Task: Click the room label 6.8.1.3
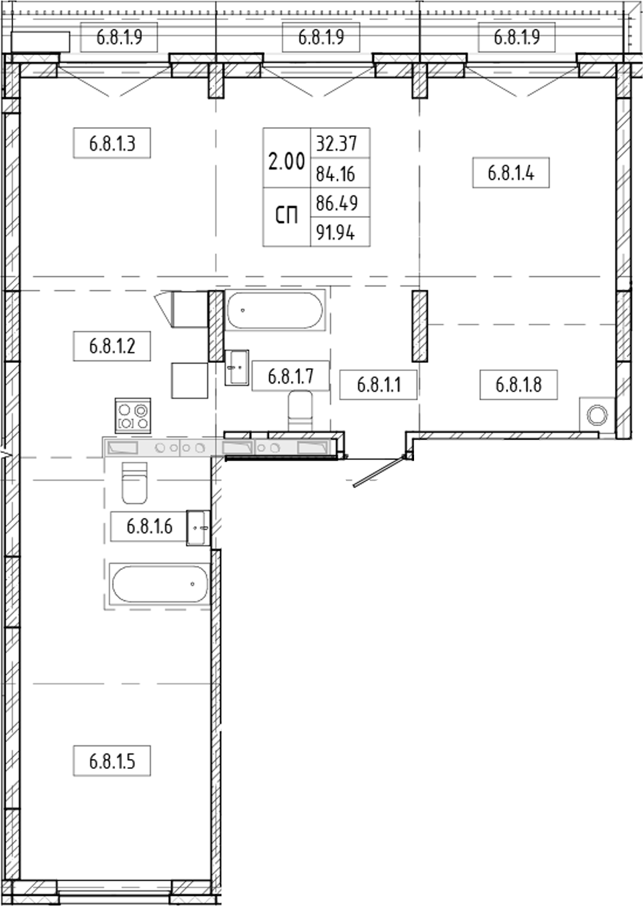point(112,143)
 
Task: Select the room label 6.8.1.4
point(510,172)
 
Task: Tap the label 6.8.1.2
point(112,345)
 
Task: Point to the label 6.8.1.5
point(112,761)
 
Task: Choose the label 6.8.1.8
point(518,384)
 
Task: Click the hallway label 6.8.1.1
point(378,384)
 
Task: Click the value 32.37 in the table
point(337,143)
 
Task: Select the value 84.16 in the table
point(337,173)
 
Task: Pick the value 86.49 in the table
point(337,203)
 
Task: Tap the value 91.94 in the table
point(337,233)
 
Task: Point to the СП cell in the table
point(286,216)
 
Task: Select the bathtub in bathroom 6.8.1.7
point(275,310)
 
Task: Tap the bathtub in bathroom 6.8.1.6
point(159,584)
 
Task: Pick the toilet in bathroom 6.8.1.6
point(134,482)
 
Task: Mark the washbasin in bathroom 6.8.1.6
point(197,527)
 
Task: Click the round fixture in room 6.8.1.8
point(597,414)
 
